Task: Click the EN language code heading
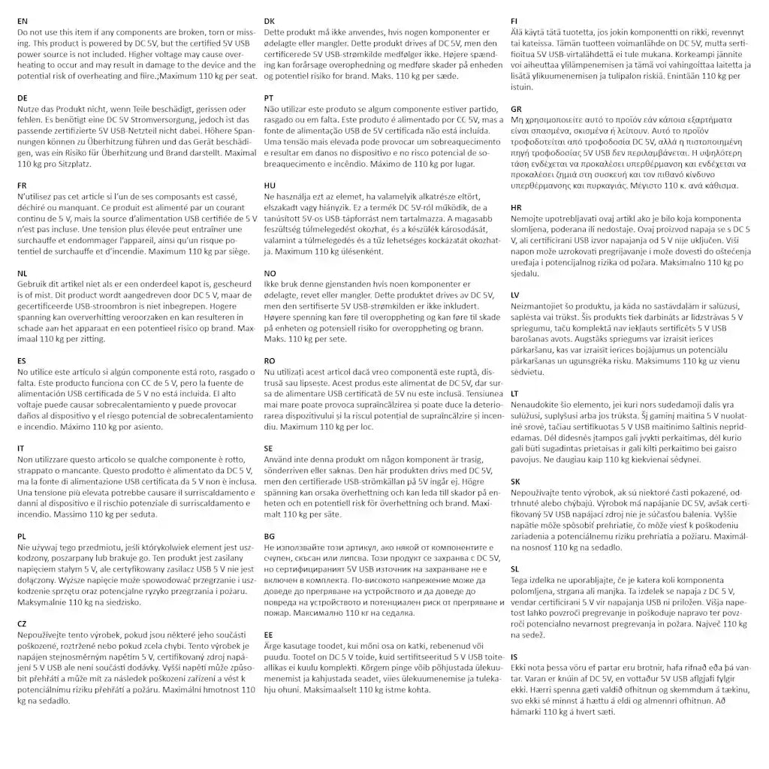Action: pos(23,21)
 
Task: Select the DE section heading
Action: pos(23,98)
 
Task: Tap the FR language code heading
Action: pos(23,185)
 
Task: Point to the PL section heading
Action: pos(23,536)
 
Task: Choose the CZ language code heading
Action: pos(23,623)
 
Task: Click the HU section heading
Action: pos(270,185)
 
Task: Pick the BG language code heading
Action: pos(270,536)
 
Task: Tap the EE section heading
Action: pos(270,635)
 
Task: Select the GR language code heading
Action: pos(516,109)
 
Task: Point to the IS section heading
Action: pos(514,656)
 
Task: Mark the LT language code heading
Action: pos(515,393)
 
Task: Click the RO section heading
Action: pos(270,360)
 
